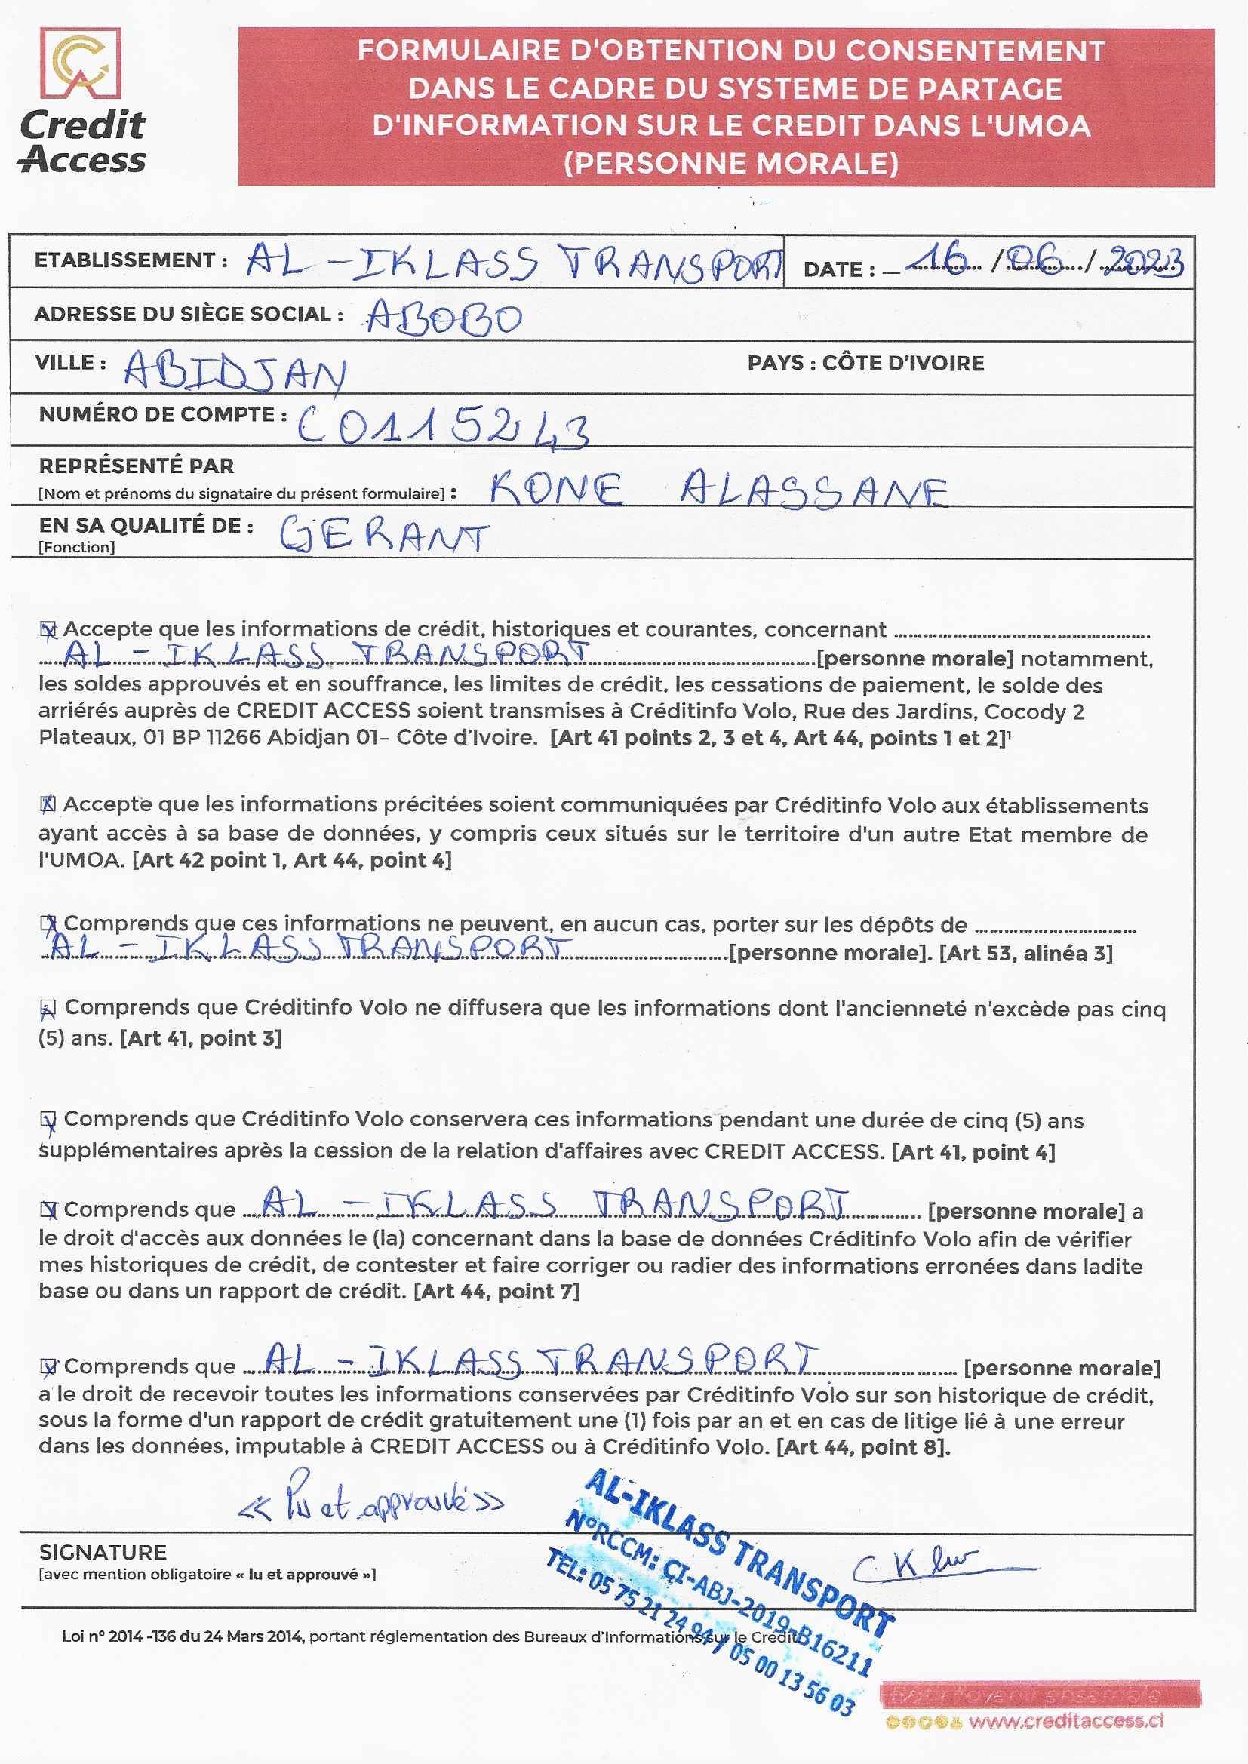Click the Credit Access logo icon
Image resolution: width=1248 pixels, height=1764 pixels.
[80, 64]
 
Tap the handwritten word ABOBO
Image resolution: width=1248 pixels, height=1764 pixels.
[444, 318]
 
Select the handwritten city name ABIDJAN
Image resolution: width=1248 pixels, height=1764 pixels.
[235, 372]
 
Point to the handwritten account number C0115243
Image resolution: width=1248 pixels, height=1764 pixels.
[444, 426]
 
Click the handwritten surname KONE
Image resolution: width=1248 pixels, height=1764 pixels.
[556, 489]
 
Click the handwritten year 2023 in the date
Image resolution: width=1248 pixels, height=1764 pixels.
[1146, 263]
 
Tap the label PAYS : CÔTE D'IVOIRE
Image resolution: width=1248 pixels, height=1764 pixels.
[865, 363]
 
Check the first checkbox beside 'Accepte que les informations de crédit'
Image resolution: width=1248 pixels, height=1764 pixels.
[48, 631]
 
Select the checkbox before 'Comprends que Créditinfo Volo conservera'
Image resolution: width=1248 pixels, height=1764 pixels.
[48, 1122]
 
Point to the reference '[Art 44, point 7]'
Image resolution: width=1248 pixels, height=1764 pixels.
[496, 1292]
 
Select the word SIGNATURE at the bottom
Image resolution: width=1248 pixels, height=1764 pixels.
[103, 1553]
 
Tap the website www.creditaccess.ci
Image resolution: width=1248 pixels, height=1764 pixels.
[1066, 1721]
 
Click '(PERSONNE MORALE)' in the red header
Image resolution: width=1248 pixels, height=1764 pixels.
[730, 164]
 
